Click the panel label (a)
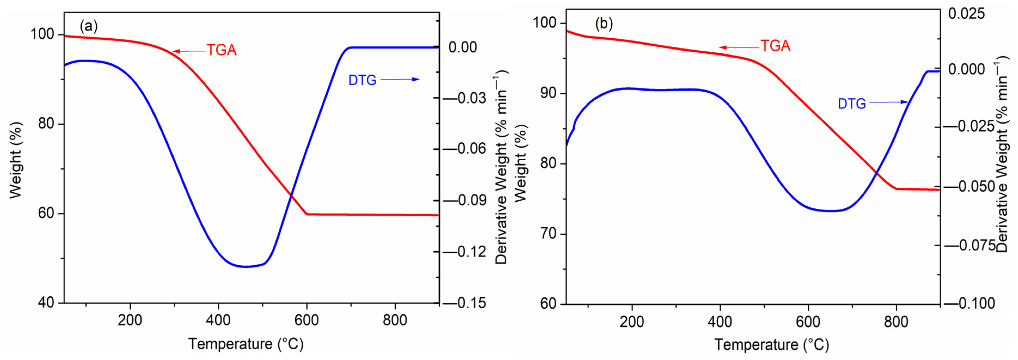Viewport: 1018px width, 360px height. (88, 26)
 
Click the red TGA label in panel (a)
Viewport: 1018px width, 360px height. (222, 50)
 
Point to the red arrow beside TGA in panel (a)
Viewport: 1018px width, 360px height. (189, 51)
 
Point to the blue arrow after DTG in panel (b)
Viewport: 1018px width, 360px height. (888, 102)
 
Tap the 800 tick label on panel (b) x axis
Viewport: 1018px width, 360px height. (896, 322)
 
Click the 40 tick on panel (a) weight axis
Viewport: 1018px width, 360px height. (46, 303)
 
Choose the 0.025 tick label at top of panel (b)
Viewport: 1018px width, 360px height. (967, 14)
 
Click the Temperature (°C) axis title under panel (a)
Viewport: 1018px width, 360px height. (246, 344)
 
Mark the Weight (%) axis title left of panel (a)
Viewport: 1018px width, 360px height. (16, 160)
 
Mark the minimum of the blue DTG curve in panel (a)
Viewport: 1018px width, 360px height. (246, 267)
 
